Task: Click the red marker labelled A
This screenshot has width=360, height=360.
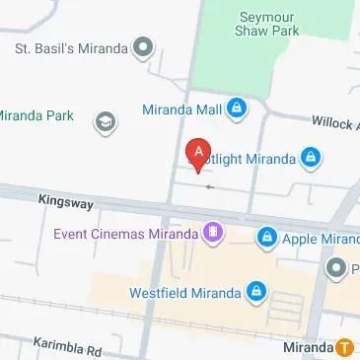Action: click(x=198, y=154)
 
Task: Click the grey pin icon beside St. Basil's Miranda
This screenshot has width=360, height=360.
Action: click(x=145, y=46)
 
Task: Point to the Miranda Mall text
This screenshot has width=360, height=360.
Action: click(x=182, y=108)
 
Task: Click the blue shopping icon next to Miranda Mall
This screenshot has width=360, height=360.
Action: click(x=237, y=108)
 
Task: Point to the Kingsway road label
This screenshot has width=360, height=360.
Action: click(x=65, y=202)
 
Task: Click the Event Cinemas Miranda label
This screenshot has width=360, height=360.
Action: click(x=124, y=234)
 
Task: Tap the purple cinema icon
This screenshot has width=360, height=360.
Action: click(x=212, y=234)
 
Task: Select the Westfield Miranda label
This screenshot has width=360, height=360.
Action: click(x=184, y=293)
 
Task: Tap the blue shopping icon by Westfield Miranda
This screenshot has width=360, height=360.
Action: click(x=255, y=293)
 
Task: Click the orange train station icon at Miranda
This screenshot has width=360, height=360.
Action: click(x=345, y=347)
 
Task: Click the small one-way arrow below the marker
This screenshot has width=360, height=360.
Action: click(x=207, y=184)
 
